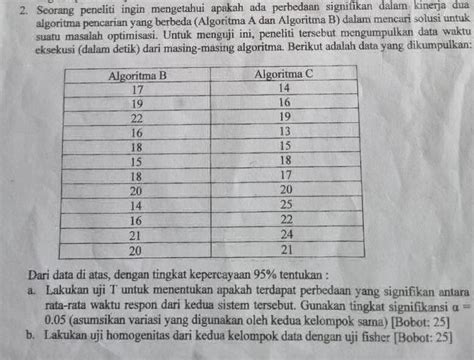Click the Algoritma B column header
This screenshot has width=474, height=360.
point(137,74)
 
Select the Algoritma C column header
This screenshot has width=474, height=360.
point(284,74)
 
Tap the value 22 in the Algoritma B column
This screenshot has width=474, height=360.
point(137,117)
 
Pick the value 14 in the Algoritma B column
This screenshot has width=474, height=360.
point(137,205)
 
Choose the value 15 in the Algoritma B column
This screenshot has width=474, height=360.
point(137,161)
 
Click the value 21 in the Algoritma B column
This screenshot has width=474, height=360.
point(137,234)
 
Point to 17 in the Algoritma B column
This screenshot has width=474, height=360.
point(137,88)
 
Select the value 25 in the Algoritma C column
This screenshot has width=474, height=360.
point(284,205)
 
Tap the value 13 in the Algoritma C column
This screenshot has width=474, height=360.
point(284,132)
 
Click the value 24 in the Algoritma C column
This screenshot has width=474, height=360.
point(284,234)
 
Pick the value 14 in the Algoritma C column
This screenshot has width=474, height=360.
point(284,88)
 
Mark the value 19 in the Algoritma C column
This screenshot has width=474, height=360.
point(284,117)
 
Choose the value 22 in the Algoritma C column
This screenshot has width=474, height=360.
point(284,220)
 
